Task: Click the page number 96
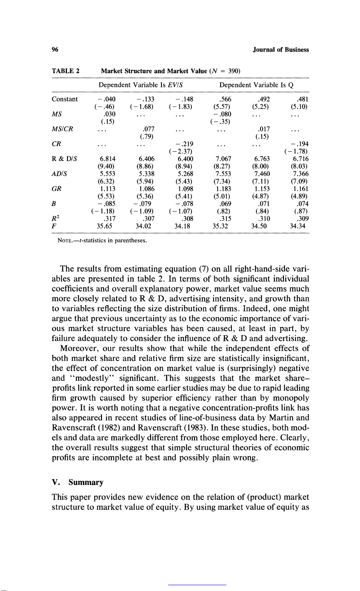[x=54, y=50]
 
